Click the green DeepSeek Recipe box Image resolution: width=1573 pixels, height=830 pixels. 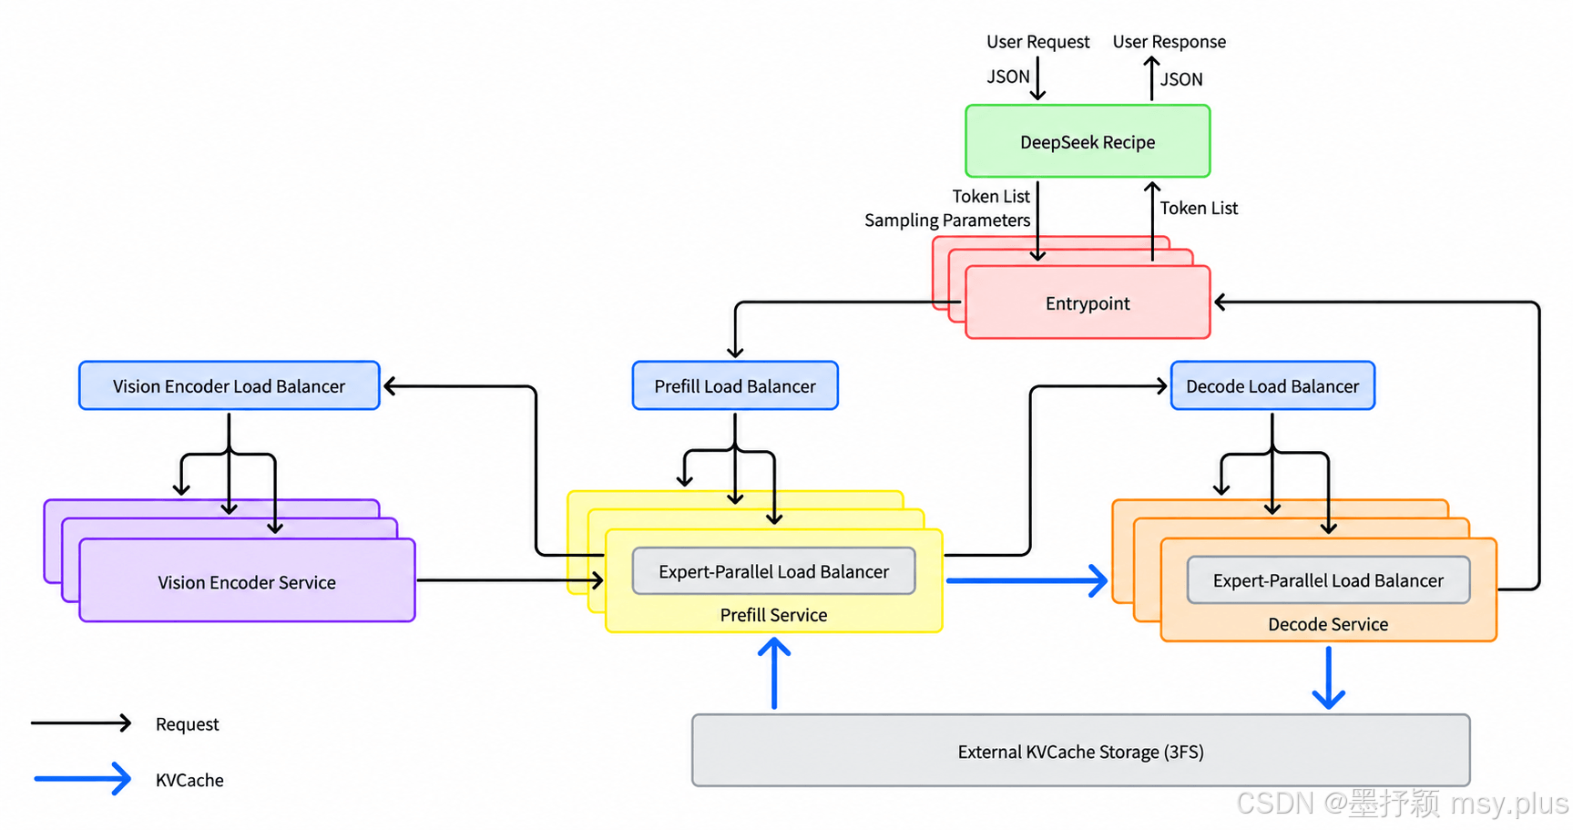click(1088, 141)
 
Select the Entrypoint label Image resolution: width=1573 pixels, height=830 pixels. click(1088, 303)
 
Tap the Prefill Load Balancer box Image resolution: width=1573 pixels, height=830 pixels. click(735, 385)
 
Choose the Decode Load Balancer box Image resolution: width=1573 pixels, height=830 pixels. click(1272, 385)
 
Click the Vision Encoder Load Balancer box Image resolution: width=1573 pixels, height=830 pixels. click(229, 385)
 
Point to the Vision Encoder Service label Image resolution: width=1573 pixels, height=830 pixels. click(247, 582)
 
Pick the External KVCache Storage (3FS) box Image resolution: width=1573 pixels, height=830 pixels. click(1080, 751)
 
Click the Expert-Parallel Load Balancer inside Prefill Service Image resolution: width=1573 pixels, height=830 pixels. click(773, 571)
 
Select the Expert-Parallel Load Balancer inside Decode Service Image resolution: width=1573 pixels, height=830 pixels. click(1328, 580)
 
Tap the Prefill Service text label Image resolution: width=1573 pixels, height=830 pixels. click(773, 615)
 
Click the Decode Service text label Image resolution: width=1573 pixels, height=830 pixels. click(1328, 624)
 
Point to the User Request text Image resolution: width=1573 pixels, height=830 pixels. click(1037, 42)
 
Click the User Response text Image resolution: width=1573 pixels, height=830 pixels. click(1169, 42)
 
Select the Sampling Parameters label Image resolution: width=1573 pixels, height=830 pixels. click(947, 220)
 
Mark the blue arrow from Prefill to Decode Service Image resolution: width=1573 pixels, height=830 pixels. click(1027, 580)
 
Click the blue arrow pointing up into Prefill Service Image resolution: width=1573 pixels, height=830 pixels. click(774, 673)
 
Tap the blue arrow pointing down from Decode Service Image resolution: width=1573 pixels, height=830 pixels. click(1329, 678)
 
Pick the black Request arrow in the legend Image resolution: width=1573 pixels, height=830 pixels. click(82, 723)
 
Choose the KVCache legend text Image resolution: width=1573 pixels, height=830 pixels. click(189, 780)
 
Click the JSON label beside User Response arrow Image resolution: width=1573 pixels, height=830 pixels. click(1181, 79)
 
